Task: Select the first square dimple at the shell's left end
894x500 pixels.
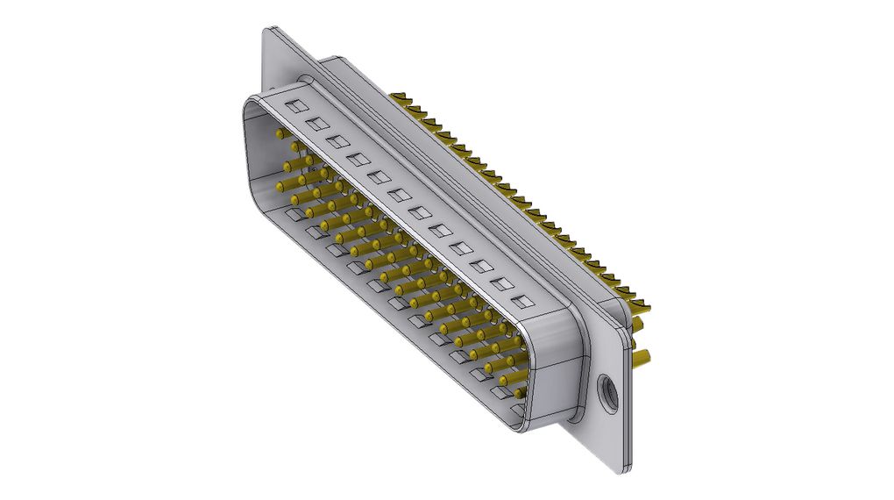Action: pos(296,106)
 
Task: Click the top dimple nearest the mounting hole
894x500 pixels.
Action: pos(522,302)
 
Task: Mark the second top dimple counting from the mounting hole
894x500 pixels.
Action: pos(501,283)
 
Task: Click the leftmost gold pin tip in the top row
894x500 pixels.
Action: pos(280,134)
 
